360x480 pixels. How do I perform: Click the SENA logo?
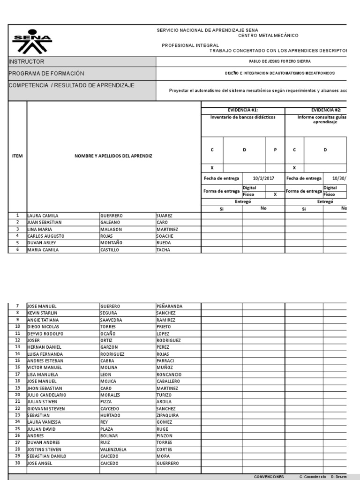tap(32, 43)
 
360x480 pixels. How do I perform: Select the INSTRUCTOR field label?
tap(27, 62)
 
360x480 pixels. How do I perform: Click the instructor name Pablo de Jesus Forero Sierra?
tap(279, 61)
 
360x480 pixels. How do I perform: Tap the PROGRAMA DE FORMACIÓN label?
tap(46, 74)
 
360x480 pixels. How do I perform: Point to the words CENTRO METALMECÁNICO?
tap(268, 36)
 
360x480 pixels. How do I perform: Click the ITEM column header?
tap(17, 156)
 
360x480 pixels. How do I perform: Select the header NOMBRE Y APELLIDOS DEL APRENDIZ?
tap(113, 156)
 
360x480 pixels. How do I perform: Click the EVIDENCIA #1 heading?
tap(242, 110)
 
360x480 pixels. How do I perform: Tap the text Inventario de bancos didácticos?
tap(243, 117)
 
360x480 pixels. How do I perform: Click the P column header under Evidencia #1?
tap(275, 150)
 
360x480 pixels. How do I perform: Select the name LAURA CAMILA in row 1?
tap(43, 216)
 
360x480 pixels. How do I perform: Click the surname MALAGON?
tap(111, 229)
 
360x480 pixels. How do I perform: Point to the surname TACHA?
tap(164, 250)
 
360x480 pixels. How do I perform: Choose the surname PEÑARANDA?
tap(169, 306)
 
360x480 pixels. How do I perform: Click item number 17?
tap(17, 375)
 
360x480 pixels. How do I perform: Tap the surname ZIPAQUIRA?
tap(168, 415)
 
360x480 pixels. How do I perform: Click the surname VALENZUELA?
tap(113, 450)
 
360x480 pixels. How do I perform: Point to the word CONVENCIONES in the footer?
tap(269, 477)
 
